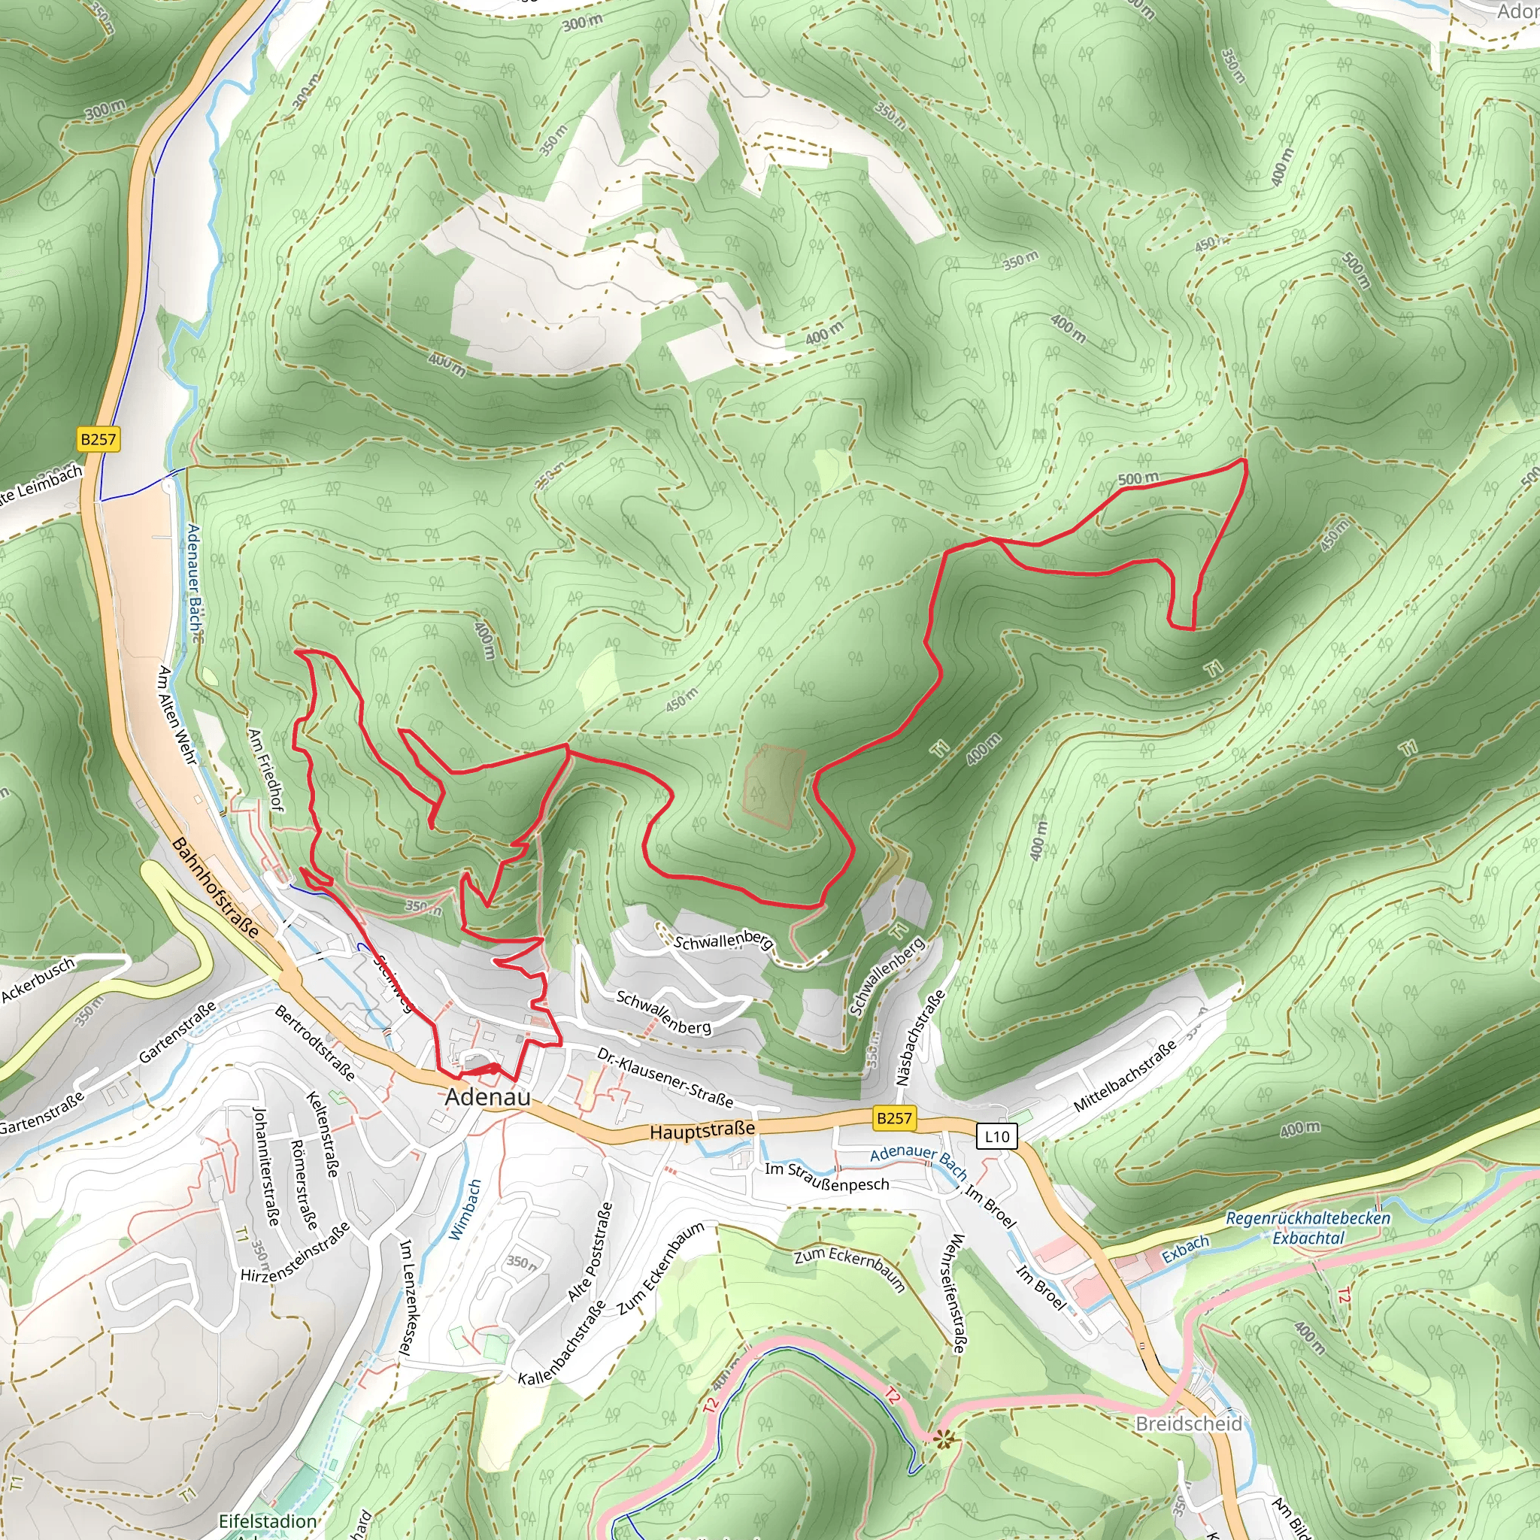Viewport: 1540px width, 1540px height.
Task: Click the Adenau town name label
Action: pos(487,1097)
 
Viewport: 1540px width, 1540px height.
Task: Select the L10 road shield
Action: pos(996,1137)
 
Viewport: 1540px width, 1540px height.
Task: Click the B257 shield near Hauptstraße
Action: pos(893,1118)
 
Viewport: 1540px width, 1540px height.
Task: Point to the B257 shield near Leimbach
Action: pos(98,439)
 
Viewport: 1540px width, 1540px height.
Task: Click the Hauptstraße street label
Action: pos(702,1130)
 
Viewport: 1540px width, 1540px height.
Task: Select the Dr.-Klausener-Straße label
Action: pos(665,1078)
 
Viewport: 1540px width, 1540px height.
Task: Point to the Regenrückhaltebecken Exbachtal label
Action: pos(1307,1227)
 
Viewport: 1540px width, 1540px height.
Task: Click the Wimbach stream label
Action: pos(465,1209)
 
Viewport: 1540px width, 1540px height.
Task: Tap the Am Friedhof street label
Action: pos(265,769)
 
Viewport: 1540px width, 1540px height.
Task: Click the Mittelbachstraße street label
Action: pos(1124,1076)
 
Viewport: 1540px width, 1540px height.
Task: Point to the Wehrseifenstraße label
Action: pos(957,1292)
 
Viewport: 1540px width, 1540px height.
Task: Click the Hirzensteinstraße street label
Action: pos(296,1252)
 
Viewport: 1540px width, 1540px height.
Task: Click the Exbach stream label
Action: pos(1185,1249)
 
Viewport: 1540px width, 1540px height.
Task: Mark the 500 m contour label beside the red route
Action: pos(1138,479)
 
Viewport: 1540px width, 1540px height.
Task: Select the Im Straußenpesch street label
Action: pos(826,1177)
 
